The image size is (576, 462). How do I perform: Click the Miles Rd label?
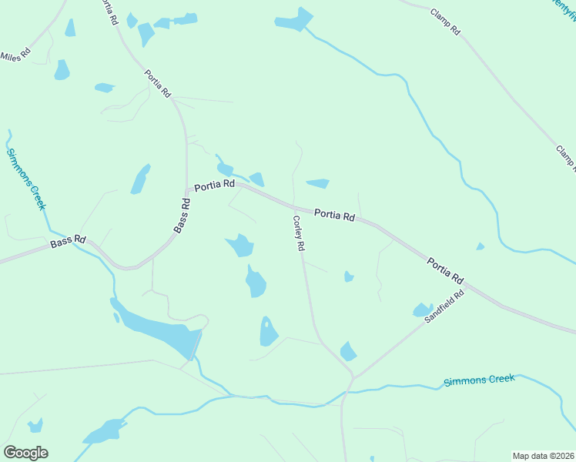click(x=15, y=55)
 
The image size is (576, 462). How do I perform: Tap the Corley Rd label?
click(x=299, y=233)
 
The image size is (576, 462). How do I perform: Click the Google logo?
click(x=25, y=453)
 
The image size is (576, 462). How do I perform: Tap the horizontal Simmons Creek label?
click(x=478, y=380)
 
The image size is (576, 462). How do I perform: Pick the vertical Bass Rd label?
click(x=182, y=216)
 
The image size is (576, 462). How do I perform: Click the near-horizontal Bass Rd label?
click(x=68, y=242)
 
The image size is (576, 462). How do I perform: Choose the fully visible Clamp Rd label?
click(x=445, y=22)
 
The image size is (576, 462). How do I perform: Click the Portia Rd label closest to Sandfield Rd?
click(x=446, y=269)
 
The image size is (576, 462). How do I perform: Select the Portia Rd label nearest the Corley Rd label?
click(x=333, y=216)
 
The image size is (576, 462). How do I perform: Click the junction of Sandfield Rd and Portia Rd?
click(x=467, y=286)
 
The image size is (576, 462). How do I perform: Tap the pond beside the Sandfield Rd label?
click(x=423, y=310)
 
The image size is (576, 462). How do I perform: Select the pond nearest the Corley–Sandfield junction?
click(x=348, y=352)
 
